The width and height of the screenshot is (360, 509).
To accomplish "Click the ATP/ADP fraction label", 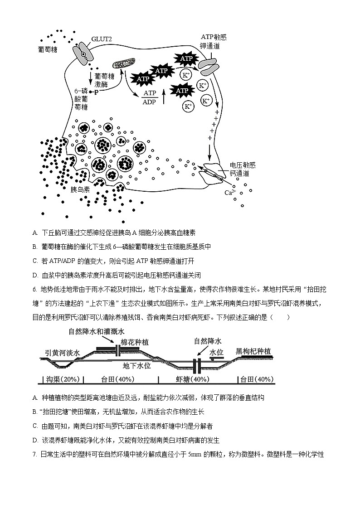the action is click(149, 97).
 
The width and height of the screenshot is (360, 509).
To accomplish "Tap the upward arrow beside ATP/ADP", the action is click(164, 97).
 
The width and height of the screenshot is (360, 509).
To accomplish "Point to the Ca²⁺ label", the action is click(230, 192).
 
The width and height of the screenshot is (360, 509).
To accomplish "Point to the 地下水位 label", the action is click(136, 365).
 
